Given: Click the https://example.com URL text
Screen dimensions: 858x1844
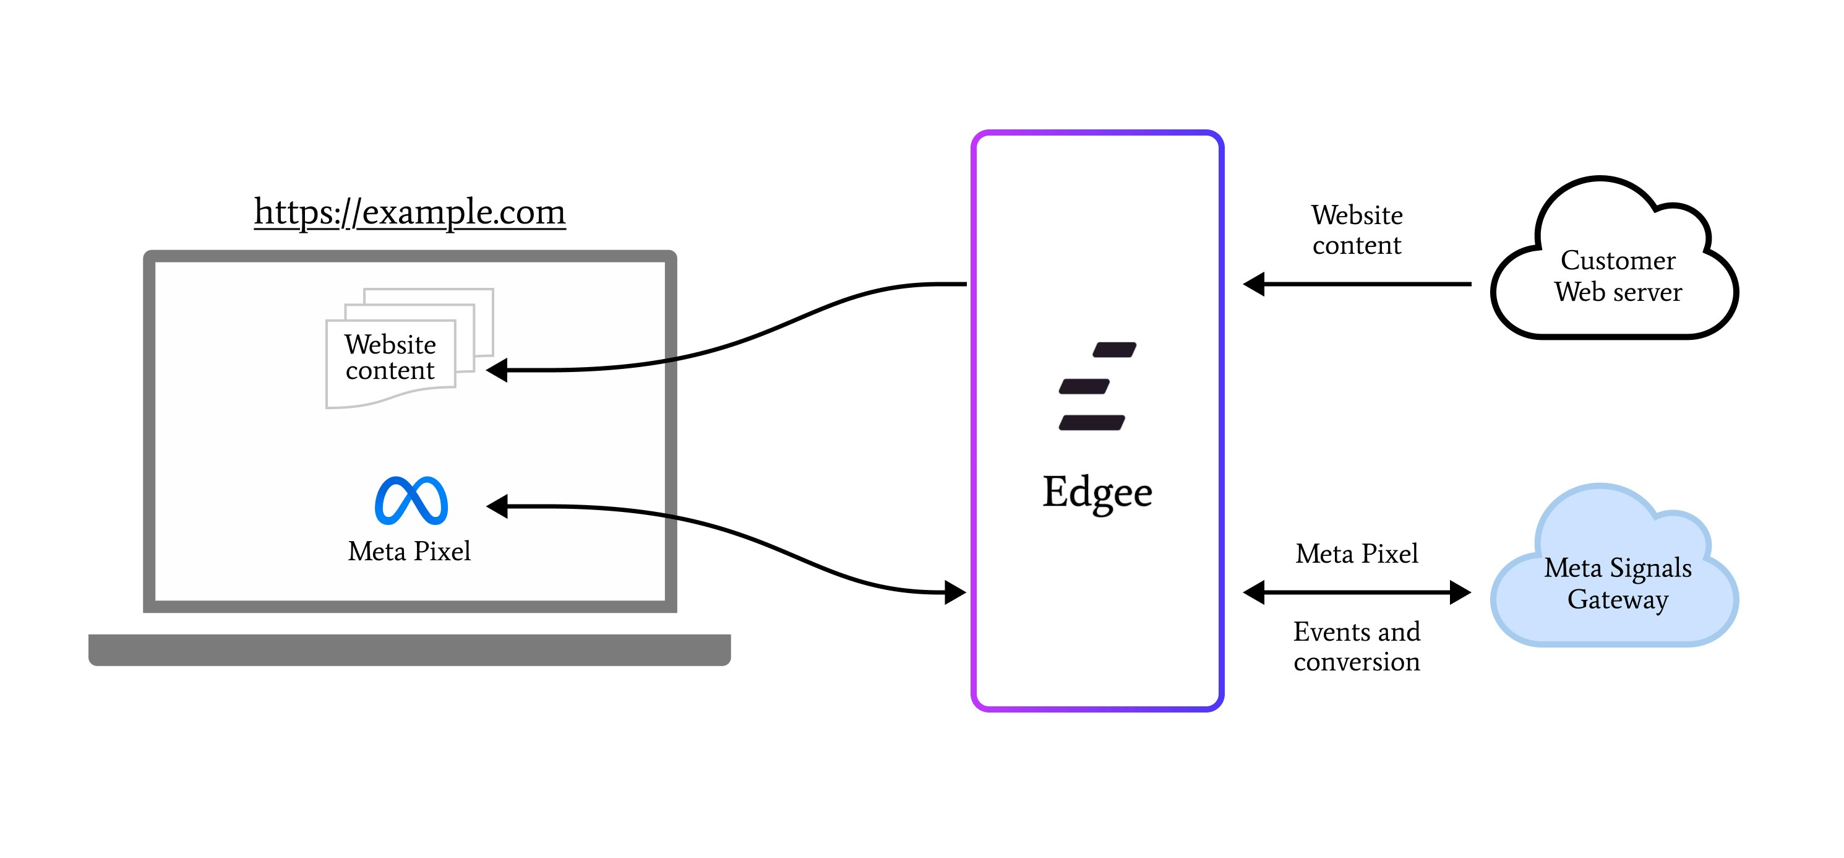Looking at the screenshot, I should tap(410, 212).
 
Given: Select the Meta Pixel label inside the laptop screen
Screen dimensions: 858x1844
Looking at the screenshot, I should tap(410, 552).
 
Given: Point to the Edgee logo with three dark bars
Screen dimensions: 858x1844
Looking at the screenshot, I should tap(1096, 387).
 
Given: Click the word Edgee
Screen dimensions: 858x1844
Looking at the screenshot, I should tap(1097, 493).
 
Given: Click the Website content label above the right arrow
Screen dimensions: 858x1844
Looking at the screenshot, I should tap(1357, 230).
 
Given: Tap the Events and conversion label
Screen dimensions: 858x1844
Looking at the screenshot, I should tap(1357, 647).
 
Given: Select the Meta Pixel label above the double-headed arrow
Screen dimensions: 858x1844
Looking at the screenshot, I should tap(1357, 553).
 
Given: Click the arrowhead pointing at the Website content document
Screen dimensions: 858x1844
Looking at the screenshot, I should tap(498, 370).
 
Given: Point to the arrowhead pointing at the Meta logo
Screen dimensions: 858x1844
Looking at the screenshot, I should tap(498, 506).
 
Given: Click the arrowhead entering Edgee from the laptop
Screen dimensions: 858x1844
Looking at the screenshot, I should tap(955, 592).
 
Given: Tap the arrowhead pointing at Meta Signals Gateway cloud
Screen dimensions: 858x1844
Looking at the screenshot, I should tap(1460, 592).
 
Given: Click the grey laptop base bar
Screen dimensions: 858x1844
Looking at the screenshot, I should tap(410, 649).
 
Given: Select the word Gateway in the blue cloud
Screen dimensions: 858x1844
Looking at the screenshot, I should tap(1617, 599).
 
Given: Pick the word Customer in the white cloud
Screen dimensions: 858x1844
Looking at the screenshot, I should tap(1618, 261).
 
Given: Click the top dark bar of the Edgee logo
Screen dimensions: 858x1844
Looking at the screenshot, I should tap(1115, 350).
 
